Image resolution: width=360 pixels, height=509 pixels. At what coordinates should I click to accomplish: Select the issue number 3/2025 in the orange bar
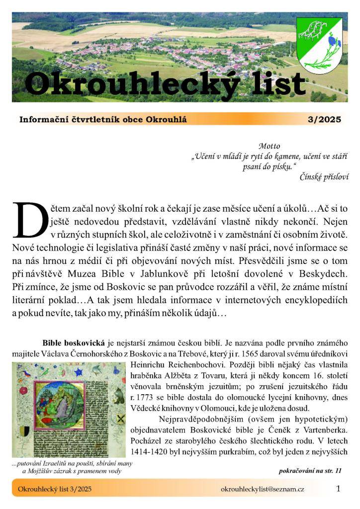[325, 120]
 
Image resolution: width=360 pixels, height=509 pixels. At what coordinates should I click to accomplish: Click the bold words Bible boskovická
[74, 343]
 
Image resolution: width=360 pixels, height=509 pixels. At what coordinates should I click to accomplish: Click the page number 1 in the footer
[339, 489]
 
